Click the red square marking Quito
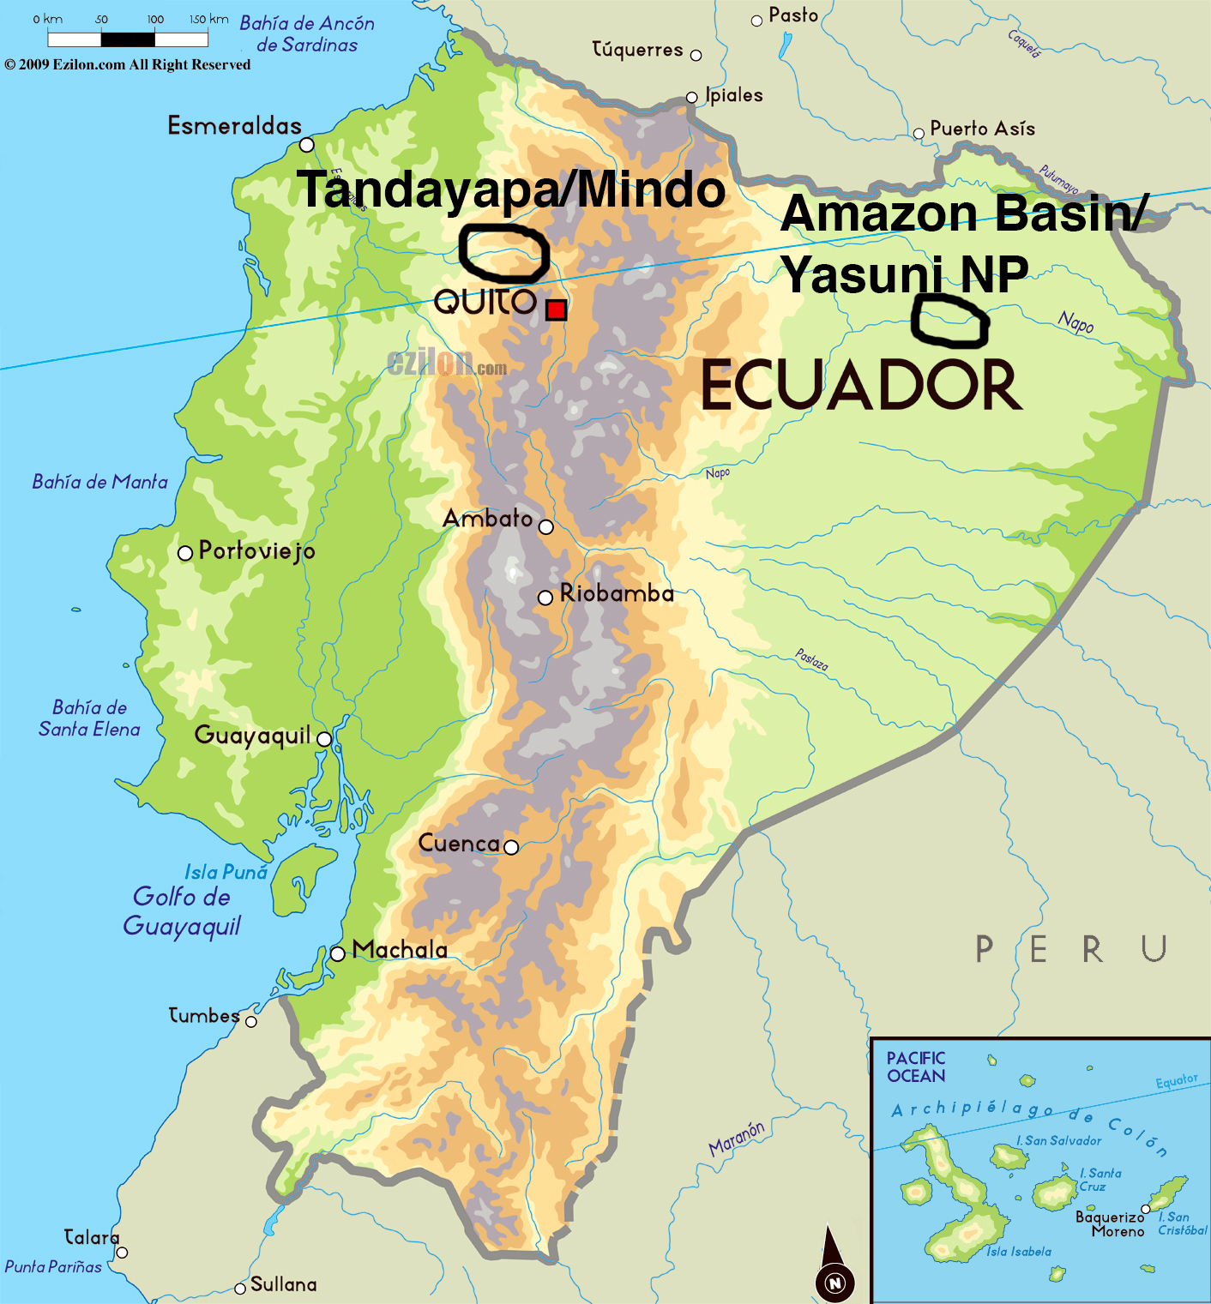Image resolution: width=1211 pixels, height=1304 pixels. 556,309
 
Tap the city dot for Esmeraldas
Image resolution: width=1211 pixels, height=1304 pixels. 306,144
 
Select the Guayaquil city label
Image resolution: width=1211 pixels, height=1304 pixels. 252,736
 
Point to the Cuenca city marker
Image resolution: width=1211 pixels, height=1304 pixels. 511,847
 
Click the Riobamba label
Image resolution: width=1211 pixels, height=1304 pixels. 617,593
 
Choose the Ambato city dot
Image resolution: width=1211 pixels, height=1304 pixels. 545,526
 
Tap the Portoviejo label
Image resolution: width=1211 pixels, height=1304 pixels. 256,550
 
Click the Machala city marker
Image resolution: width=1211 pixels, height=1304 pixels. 338,953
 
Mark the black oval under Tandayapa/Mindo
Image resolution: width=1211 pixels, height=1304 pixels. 503,254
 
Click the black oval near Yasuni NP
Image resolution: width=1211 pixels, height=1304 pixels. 949,321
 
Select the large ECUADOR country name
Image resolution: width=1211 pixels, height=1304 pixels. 861,386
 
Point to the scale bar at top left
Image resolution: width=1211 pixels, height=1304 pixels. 128,39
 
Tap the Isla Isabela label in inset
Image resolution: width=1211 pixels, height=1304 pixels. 1018,1252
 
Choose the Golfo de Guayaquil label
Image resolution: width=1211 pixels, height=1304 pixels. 182,911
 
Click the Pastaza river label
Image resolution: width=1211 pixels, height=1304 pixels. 811,659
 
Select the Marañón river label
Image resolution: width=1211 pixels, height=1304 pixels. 737,1139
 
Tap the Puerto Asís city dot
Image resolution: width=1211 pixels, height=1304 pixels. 919,133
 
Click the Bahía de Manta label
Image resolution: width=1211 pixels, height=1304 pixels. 99,482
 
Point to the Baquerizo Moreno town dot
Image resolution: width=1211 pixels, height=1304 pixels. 1145,1209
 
